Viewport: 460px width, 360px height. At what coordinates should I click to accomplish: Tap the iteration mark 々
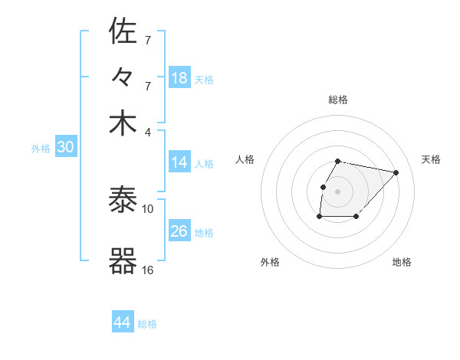[123, 77]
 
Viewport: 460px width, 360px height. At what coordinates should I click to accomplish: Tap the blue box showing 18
[179, 78]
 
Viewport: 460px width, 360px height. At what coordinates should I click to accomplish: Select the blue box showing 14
[179, 162]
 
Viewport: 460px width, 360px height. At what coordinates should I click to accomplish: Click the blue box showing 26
[179, 231]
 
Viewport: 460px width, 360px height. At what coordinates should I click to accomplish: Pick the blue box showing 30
[66, 148]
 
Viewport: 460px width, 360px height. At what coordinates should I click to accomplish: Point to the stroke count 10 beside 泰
[148, 208]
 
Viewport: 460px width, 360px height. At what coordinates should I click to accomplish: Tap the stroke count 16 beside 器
[148, 270]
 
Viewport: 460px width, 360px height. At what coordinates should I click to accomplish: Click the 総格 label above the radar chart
[338, 100]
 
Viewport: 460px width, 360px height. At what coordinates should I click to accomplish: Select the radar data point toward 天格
[396, 172]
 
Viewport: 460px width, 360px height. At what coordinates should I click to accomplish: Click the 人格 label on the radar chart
[245, 159]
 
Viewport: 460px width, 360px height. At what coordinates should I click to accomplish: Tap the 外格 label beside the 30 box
[40, 149]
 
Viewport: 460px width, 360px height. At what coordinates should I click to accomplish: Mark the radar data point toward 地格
[356, 218]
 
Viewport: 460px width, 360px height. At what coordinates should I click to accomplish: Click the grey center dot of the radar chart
[338, 191]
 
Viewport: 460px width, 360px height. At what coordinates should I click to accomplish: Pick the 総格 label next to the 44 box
[147, 323]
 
